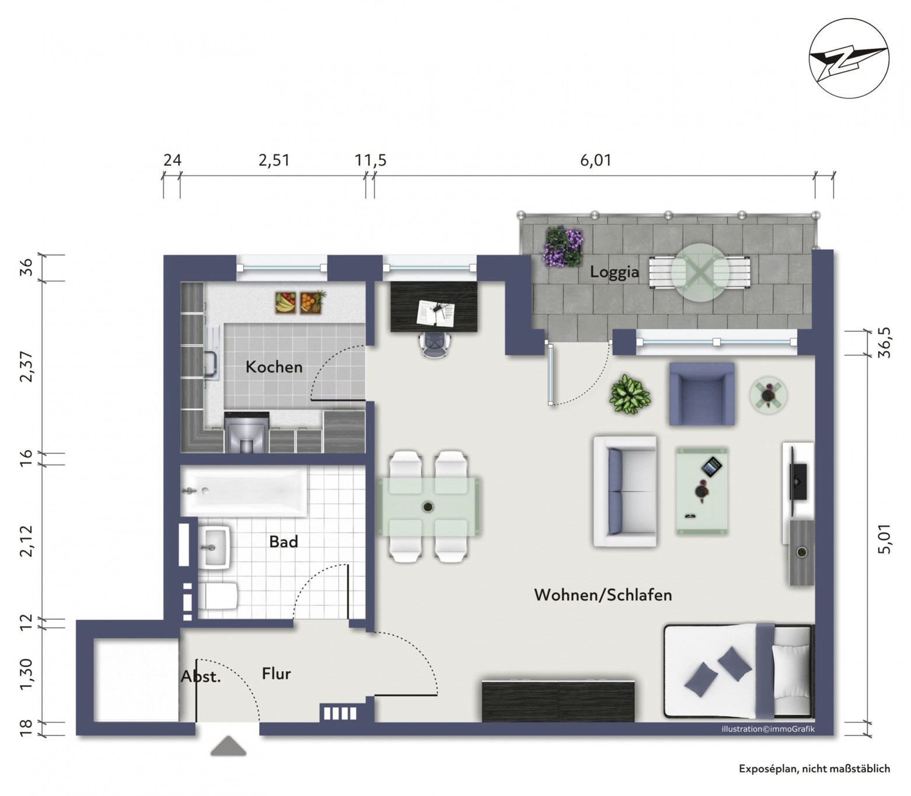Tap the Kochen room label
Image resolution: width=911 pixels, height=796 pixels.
pos(274,367)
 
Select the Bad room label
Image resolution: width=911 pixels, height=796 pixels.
pos(284,542)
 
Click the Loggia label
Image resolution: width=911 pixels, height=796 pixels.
pos(614,272)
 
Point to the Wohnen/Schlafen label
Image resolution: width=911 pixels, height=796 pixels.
pos(603,595)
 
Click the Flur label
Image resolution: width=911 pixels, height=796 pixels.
pos(276,673)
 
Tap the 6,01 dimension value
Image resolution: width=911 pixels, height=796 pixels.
pos(596,160)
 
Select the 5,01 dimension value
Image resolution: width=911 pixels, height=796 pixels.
pos(884,539)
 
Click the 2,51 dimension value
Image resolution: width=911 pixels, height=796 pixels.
pos(274,160)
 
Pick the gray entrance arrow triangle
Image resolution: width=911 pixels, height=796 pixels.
pos(228,746)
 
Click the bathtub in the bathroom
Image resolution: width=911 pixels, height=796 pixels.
pos(243,491)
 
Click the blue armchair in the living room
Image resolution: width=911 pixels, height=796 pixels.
pos(701,393)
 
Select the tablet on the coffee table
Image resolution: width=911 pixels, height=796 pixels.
pos(711,467)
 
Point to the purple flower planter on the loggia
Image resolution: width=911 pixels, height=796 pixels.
pos(563,247)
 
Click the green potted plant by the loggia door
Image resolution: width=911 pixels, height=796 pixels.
pos(630,394)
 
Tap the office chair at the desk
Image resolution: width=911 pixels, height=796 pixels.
pos(435,344)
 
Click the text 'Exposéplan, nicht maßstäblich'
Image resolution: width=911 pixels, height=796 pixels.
pos(814,769)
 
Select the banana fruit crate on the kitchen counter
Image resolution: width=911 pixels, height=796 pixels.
pos(285,302)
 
